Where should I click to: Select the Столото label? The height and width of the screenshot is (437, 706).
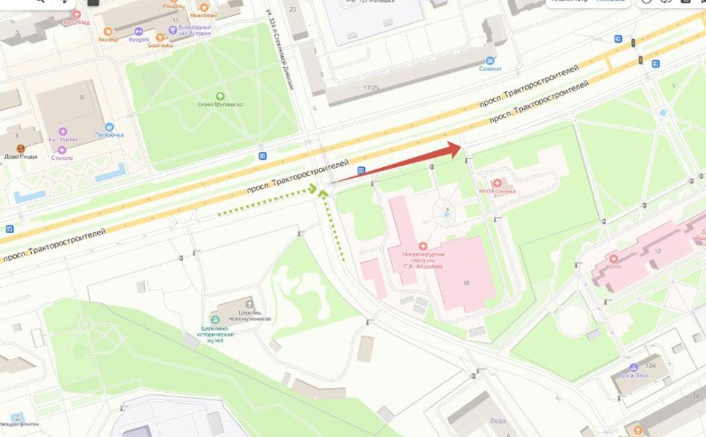coord(62,157)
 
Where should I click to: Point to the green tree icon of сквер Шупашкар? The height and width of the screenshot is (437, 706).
coord(219,96)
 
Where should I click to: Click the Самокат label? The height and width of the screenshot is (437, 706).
coord(490,69)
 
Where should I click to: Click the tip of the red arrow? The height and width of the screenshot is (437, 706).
coord(461,148)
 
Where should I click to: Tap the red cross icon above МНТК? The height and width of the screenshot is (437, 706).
coord(497,182)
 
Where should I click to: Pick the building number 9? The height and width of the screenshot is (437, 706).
coord(82,97)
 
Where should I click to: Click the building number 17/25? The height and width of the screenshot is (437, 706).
coord(371,88)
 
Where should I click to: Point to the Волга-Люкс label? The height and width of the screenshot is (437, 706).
coord(635,375)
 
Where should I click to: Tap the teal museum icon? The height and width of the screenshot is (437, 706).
coord(215,319)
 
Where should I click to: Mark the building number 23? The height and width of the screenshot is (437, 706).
coord(293,9)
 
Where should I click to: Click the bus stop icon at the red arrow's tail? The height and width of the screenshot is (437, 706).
coord(361,170)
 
